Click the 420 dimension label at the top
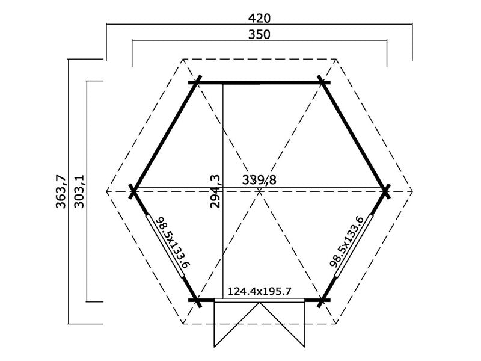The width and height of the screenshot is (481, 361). [259, 17]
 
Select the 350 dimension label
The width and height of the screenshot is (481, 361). [259, 34]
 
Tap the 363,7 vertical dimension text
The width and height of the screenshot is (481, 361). [60, 191]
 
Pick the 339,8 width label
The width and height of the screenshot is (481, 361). [260, 179]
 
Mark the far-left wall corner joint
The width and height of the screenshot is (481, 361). [133, 191]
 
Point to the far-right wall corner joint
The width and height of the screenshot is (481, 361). [387, 191]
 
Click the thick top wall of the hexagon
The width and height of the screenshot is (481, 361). [260, 82]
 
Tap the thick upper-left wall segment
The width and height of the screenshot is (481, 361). [165, 137]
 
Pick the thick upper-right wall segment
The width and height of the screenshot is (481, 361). [355, 137]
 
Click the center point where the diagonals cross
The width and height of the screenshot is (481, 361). [260, 191]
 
